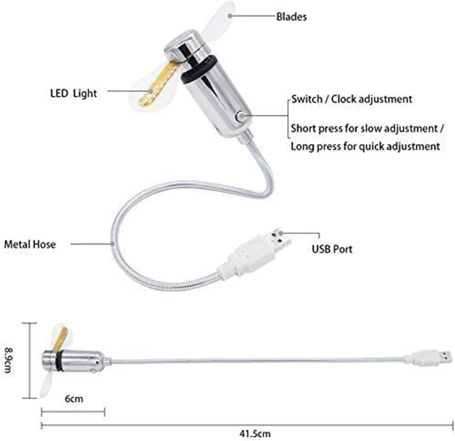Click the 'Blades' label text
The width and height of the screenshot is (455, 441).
click(291, 17)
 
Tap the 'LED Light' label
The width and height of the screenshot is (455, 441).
click(73, 93)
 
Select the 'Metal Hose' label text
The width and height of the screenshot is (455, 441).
click(30, 244)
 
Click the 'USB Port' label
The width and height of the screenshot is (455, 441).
click(332, 249)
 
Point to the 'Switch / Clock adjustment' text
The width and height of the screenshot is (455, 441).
click(352, 99)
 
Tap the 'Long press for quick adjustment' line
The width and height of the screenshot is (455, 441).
click(365, 146)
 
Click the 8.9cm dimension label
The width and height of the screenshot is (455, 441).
click(9, 360)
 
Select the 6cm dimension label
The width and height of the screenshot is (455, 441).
click(74, 399)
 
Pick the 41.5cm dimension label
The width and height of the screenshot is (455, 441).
click(255, 434)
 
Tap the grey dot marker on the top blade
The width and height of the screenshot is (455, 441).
click(230, 16)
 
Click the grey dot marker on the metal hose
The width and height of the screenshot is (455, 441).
click(113, 244)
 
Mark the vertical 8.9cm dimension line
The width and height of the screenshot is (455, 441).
click(30, 361)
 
